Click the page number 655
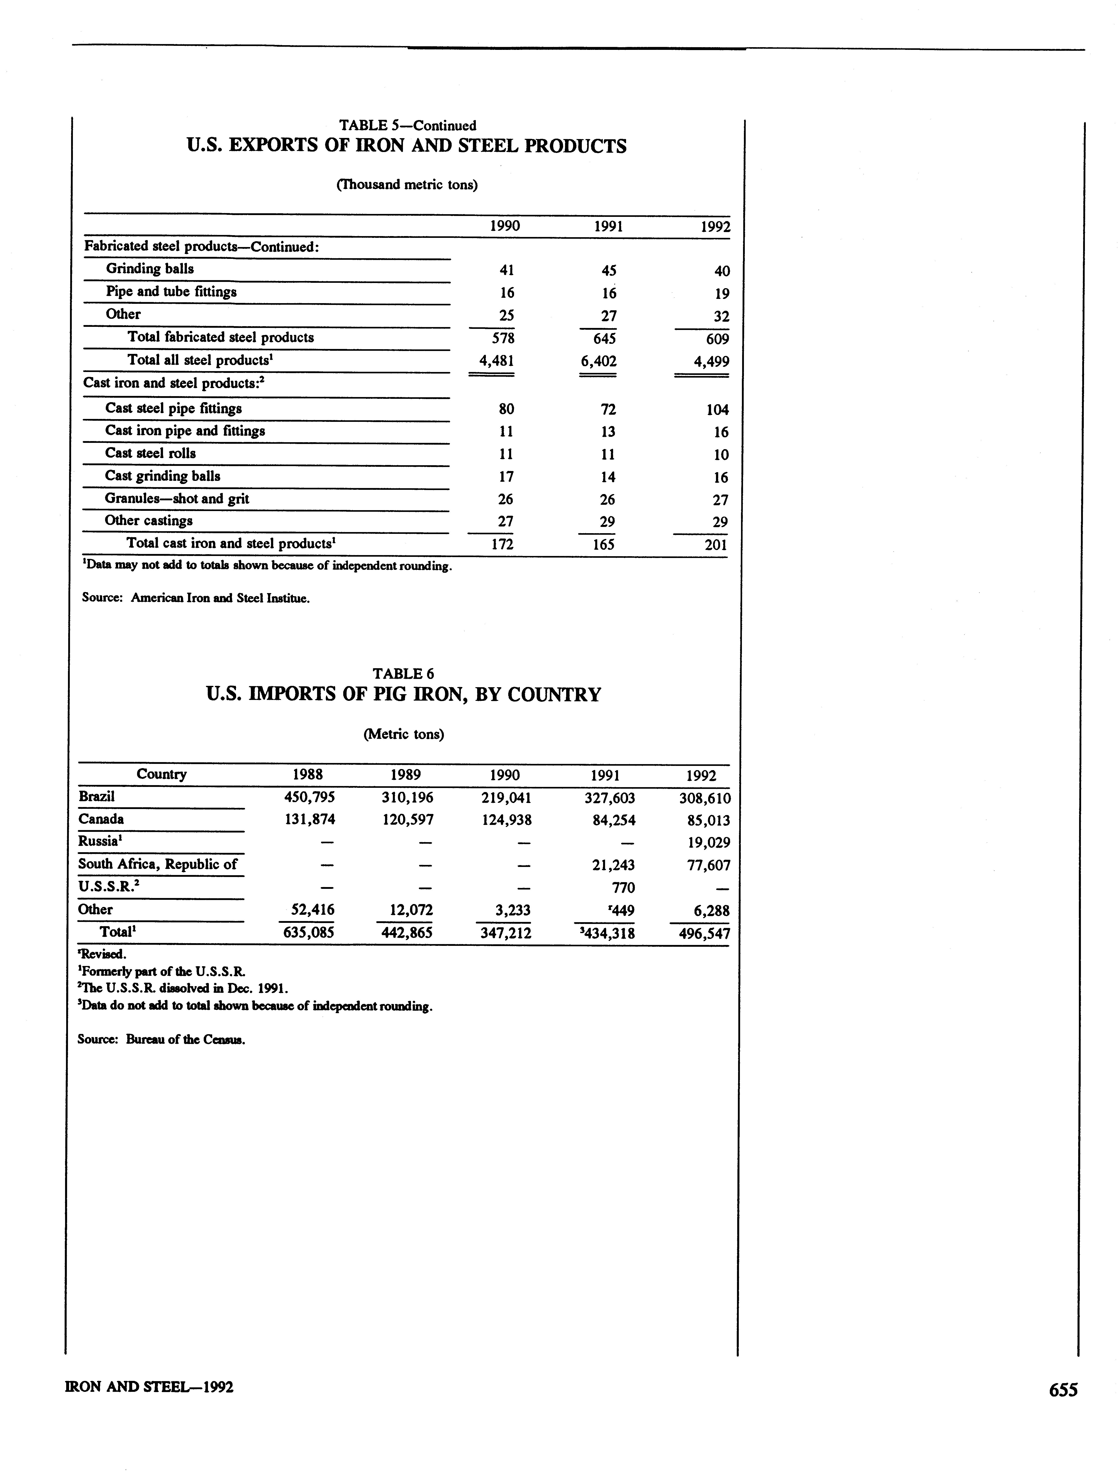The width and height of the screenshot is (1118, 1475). click(1063, 1389)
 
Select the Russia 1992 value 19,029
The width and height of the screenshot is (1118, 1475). click(708, 843)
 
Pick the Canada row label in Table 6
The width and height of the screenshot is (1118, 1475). click(101, 819)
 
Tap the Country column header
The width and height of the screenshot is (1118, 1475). click(161, 774)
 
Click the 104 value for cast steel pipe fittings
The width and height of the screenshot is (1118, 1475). click(717, 409)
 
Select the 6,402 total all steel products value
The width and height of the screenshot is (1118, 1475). click(598, 361)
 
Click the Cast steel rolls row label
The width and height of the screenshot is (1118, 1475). click(150, 453)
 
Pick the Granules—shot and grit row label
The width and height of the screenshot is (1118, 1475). click(177, 499)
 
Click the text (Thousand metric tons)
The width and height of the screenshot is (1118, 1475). click(407, 185)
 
